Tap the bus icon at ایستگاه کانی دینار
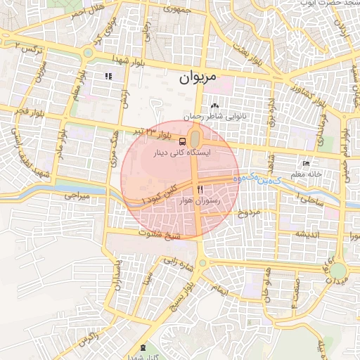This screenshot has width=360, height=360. coord(183,140)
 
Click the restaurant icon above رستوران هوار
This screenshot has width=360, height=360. coord(200,190)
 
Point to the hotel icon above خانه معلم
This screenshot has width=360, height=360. coord(304,162)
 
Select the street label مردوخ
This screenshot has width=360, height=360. coord(249,211)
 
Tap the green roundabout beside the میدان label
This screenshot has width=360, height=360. coord(339,271)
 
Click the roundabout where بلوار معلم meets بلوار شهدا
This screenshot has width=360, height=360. coord(88,52)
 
